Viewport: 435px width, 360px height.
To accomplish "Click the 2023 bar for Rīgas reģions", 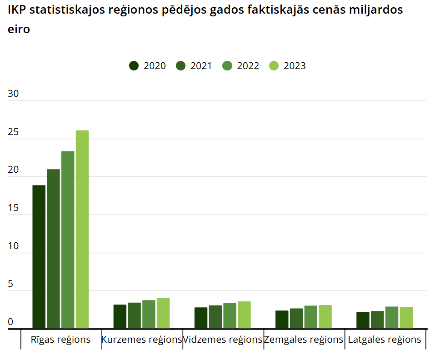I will (82, 229).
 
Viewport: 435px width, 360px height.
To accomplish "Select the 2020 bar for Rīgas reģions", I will (39, 256).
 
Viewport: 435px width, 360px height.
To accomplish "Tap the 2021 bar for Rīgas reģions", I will (53, 249).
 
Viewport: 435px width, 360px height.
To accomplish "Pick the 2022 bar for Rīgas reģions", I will (68, 240).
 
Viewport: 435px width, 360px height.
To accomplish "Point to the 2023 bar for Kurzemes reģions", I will (163, 313).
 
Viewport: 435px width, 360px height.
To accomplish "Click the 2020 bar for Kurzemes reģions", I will (120, 316).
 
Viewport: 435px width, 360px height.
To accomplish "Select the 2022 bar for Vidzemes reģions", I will (230, 315).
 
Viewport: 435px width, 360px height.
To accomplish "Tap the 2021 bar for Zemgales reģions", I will (296, 318).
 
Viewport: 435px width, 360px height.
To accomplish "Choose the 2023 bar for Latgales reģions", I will (406, 317).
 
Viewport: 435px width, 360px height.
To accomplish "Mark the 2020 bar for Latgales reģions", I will (363, 320).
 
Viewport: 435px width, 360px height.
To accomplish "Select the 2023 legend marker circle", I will (274, 65).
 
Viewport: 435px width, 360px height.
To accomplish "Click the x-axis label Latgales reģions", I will (385, 340).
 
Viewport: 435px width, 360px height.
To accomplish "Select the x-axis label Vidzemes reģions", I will (223, 340).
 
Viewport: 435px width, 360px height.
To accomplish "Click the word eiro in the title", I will (19, 30).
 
